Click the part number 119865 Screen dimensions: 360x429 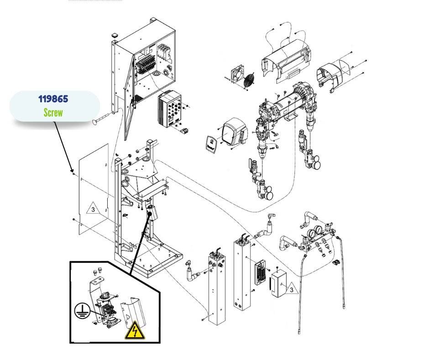[54, 99]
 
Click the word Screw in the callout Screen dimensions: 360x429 [53, 112]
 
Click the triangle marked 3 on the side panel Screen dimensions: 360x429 [93, 210]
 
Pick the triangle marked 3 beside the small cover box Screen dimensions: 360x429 [290, 289]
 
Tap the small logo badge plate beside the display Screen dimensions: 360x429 [209, 144]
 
